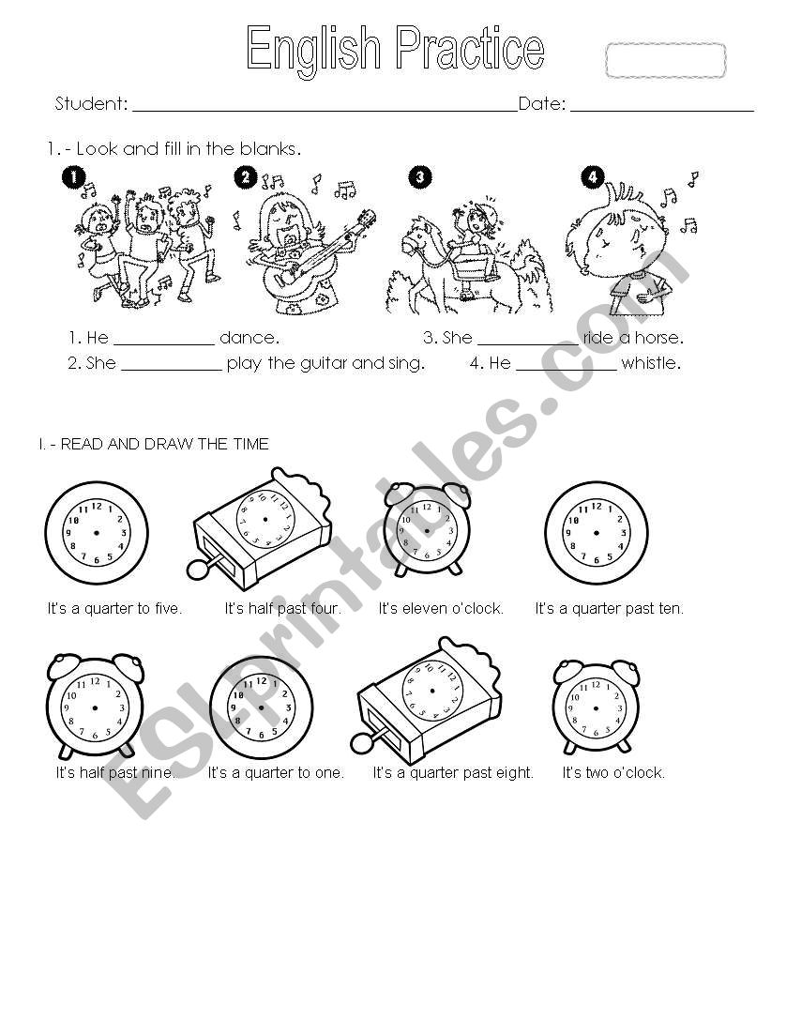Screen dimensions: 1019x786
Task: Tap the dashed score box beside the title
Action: click(x=665, y=61)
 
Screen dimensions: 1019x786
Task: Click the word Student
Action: click(x=90, y=104)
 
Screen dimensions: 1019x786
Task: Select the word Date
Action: click(x=541, y=104)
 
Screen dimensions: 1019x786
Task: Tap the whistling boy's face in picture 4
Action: click(x=610, y=239)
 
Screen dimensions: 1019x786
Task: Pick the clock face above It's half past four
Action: click(x=265, y=519)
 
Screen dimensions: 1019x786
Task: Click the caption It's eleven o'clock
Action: click(x=441, y=608)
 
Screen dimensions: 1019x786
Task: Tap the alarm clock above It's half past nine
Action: click(x=95, y=706)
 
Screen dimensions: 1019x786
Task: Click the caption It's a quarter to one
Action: click(x=276, y=773)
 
